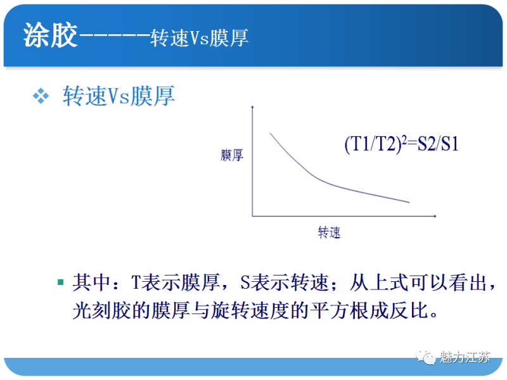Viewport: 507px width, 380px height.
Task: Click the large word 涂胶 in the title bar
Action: pos(50,36)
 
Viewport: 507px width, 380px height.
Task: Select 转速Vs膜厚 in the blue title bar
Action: pos(200,38)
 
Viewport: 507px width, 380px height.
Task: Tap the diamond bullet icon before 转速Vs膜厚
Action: pos(41,96)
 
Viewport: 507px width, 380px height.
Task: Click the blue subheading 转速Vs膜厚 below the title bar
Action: pos(119,96)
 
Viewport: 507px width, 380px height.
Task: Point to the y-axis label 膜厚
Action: pos(231,155)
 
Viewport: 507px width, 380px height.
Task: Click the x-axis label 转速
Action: pos(329,232)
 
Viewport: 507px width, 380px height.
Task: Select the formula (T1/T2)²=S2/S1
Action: pos(401,144)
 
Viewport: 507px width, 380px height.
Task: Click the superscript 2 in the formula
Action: pos(404,138)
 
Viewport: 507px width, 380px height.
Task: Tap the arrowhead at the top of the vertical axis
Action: pos(253,109)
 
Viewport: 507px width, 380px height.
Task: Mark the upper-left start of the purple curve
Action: pos(271,134)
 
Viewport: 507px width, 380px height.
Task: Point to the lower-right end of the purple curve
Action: pos(409,203)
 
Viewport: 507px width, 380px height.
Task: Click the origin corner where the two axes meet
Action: pos(253,216)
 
